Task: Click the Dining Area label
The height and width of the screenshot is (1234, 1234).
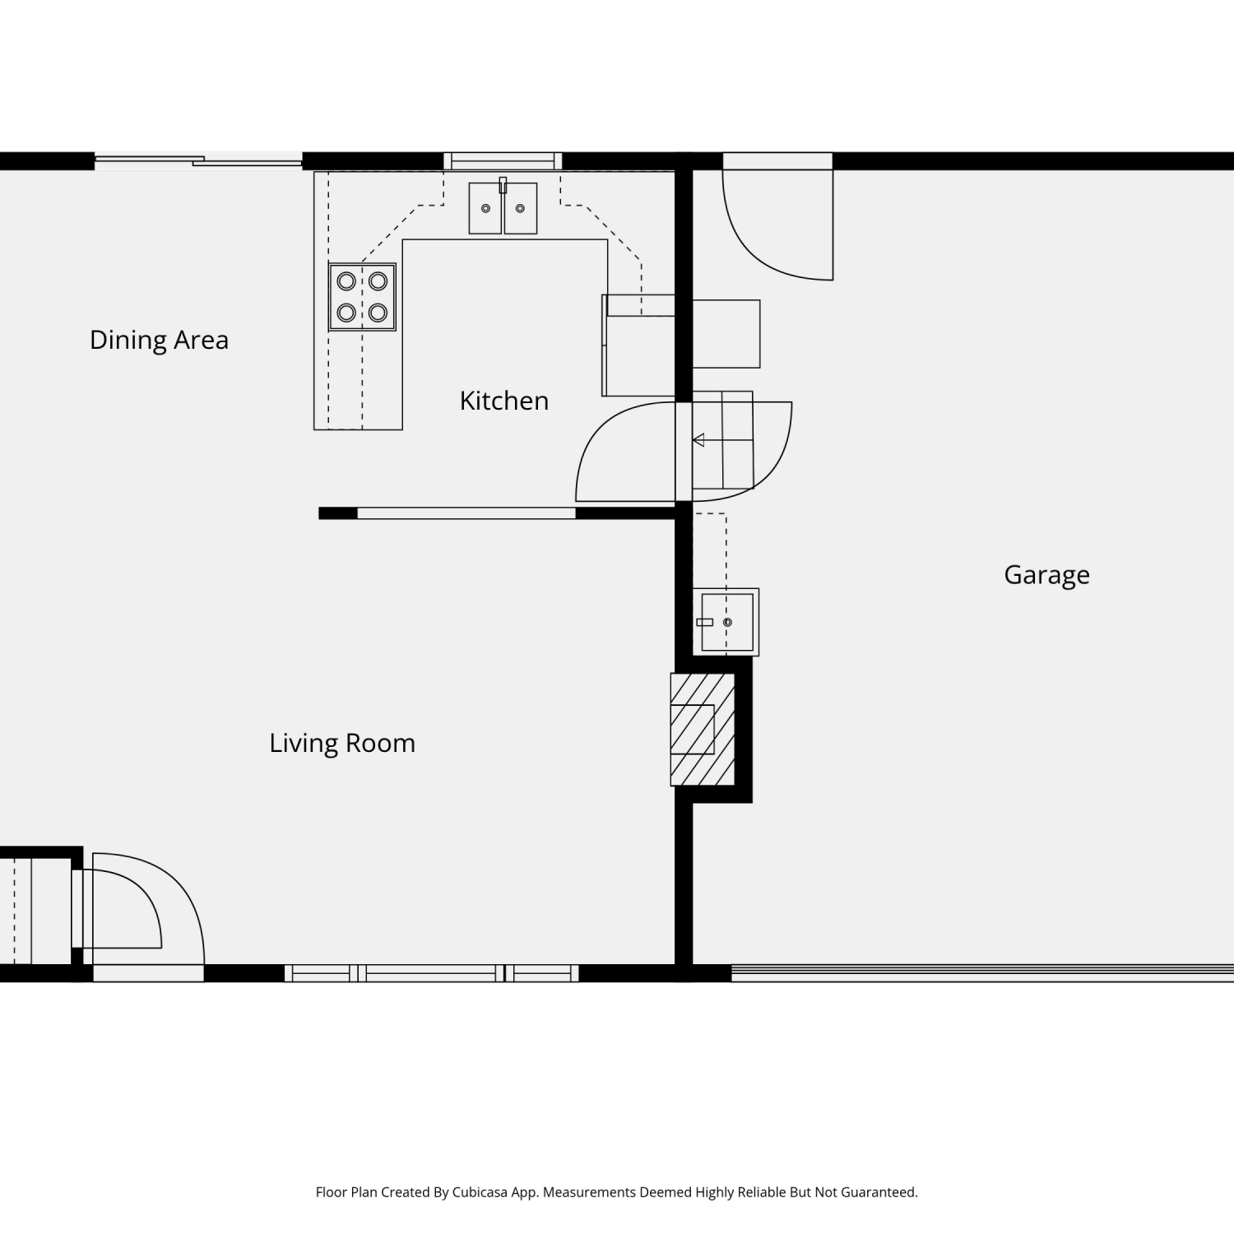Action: (x=159, y=340)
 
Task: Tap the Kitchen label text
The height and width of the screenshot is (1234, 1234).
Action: (x=503, y=401)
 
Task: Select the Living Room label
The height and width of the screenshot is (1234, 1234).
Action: (x=342, y=743)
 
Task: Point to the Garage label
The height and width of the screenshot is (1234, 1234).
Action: (x=1046, y=574)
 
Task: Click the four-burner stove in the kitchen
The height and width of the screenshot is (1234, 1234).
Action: (x=362, y=297)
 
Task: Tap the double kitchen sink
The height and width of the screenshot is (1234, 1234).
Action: (x=503, y=208)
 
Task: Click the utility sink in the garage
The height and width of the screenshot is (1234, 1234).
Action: (x=726, y=622)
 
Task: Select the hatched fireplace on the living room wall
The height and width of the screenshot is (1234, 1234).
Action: (x=702, y=730)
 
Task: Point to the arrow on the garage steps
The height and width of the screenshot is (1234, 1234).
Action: (x=698, y=440)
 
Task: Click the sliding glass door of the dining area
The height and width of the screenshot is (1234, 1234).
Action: (x=198, y=160)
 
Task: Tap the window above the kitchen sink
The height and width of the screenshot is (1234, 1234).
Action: (x=503, y=160)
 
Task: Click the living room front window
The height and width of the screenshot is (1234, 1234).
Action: (x=432, y=973)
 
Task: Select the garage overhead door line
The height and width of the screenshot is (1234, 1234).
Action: (x=982, y=973)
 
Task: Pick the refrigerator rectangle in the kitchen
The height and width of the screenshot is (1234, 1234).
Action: (x=638, y=346)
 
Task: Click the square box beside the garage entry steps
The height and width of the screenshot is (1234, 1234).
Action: (x=726, y=334)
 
